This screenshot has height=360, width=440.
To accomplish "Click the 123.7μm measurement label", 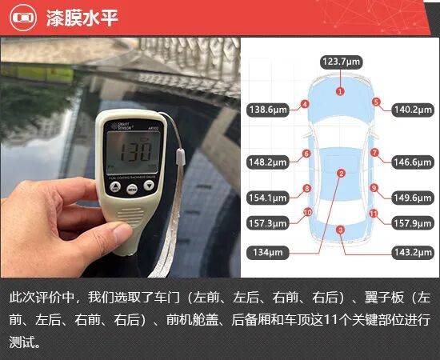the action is coord(342,62).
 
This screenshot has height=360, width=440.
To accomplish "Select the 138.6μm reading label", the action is coord(268,110).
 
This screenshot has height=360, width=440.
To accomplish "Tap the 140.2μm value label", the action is coord(413,110).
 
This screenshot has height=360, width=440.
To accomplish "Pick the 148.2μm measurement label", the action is coord(268,162).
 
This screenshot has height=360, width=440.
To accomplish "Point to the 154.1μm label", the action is coord(268,198).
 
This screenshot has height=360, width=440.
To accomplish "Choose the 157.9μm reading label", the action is coord(413,223).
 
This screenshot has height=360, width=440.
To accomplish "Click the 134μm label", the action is coord(268,253).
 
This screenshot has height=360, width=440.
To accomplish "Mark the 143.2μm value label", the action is coord(413,253).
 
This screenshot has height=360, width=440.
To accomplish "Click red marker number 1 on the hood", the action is coord(340,91).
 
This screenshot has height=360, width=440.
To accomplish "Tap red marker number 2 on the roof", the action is coord(341,174).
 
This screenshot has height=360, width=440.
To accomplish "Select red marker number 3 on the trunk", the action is coord(340,230).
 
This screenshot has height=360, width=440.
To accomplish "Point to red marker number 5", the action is coord(376,102).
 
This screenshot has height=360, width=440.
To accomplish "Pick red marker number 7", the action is coord(374,153).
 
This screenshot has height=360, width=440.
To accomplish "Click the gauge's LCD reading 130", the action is coord(135,151).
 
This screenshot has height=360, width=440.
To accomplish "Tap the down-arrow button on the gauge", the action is coord(149,185).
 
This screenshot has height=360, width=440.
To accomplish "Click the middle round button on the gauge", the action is coord(132,189).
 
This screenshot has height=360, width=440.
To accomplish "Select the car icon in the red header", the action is coord(23,18).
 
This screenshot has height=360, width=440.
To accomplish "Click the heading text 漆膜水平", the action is coord(82,18).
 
